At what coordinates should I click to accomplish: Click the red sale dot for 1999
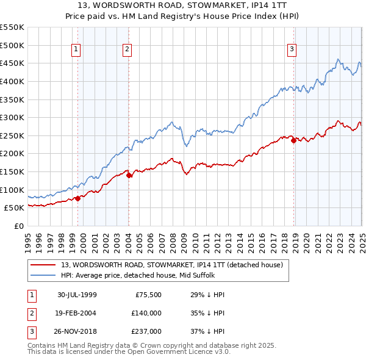click(78, 198)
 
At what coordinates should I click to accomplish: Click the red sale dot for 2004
click(129, 175)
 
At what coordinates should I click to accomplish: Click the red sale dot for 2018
click(293, 140)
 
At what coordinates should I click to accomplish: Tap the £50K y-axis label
click(14, 208)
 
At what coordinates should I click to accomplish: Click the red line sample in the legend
click(43, 265)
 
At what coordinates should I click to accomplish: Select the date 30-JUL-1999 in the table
click(77, 295)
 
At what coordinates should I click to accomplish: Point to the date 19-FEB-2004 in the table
click(77, 313)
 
